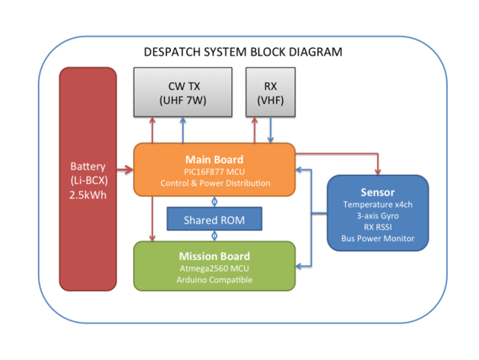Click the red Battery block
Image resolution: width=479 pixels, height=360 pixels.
(88, 179)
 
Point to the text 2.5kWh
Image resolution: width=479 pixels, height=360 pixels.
(88, 196)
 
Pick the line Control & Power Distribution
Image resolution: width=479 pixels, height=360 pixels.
(213, 183)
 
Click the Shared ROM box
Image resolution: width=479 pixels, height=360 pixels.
(214, 219)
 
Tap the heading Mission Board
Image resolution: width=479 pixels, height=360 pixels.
(213, 256)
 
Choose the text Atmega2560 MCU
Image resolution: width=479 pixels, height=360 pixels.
(213, 268)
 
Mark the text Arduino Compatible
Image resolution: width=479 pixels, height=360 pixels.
(213, 280)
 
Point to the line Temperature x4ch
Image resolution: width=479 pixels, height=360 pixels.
(378, 204)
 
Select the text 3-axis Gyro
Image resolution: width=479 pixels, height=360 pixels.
(378, 215)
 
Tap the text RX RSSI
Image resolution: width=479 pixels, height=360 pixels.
(378, 227)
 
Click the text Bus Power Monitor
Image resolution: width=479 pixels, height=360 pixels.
(378, 239)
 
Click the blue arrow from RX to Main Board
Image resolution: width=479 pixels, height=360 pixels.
(271, 130)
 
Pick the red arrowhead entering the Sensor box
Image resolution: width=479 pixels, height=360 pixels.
(378, 171)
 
